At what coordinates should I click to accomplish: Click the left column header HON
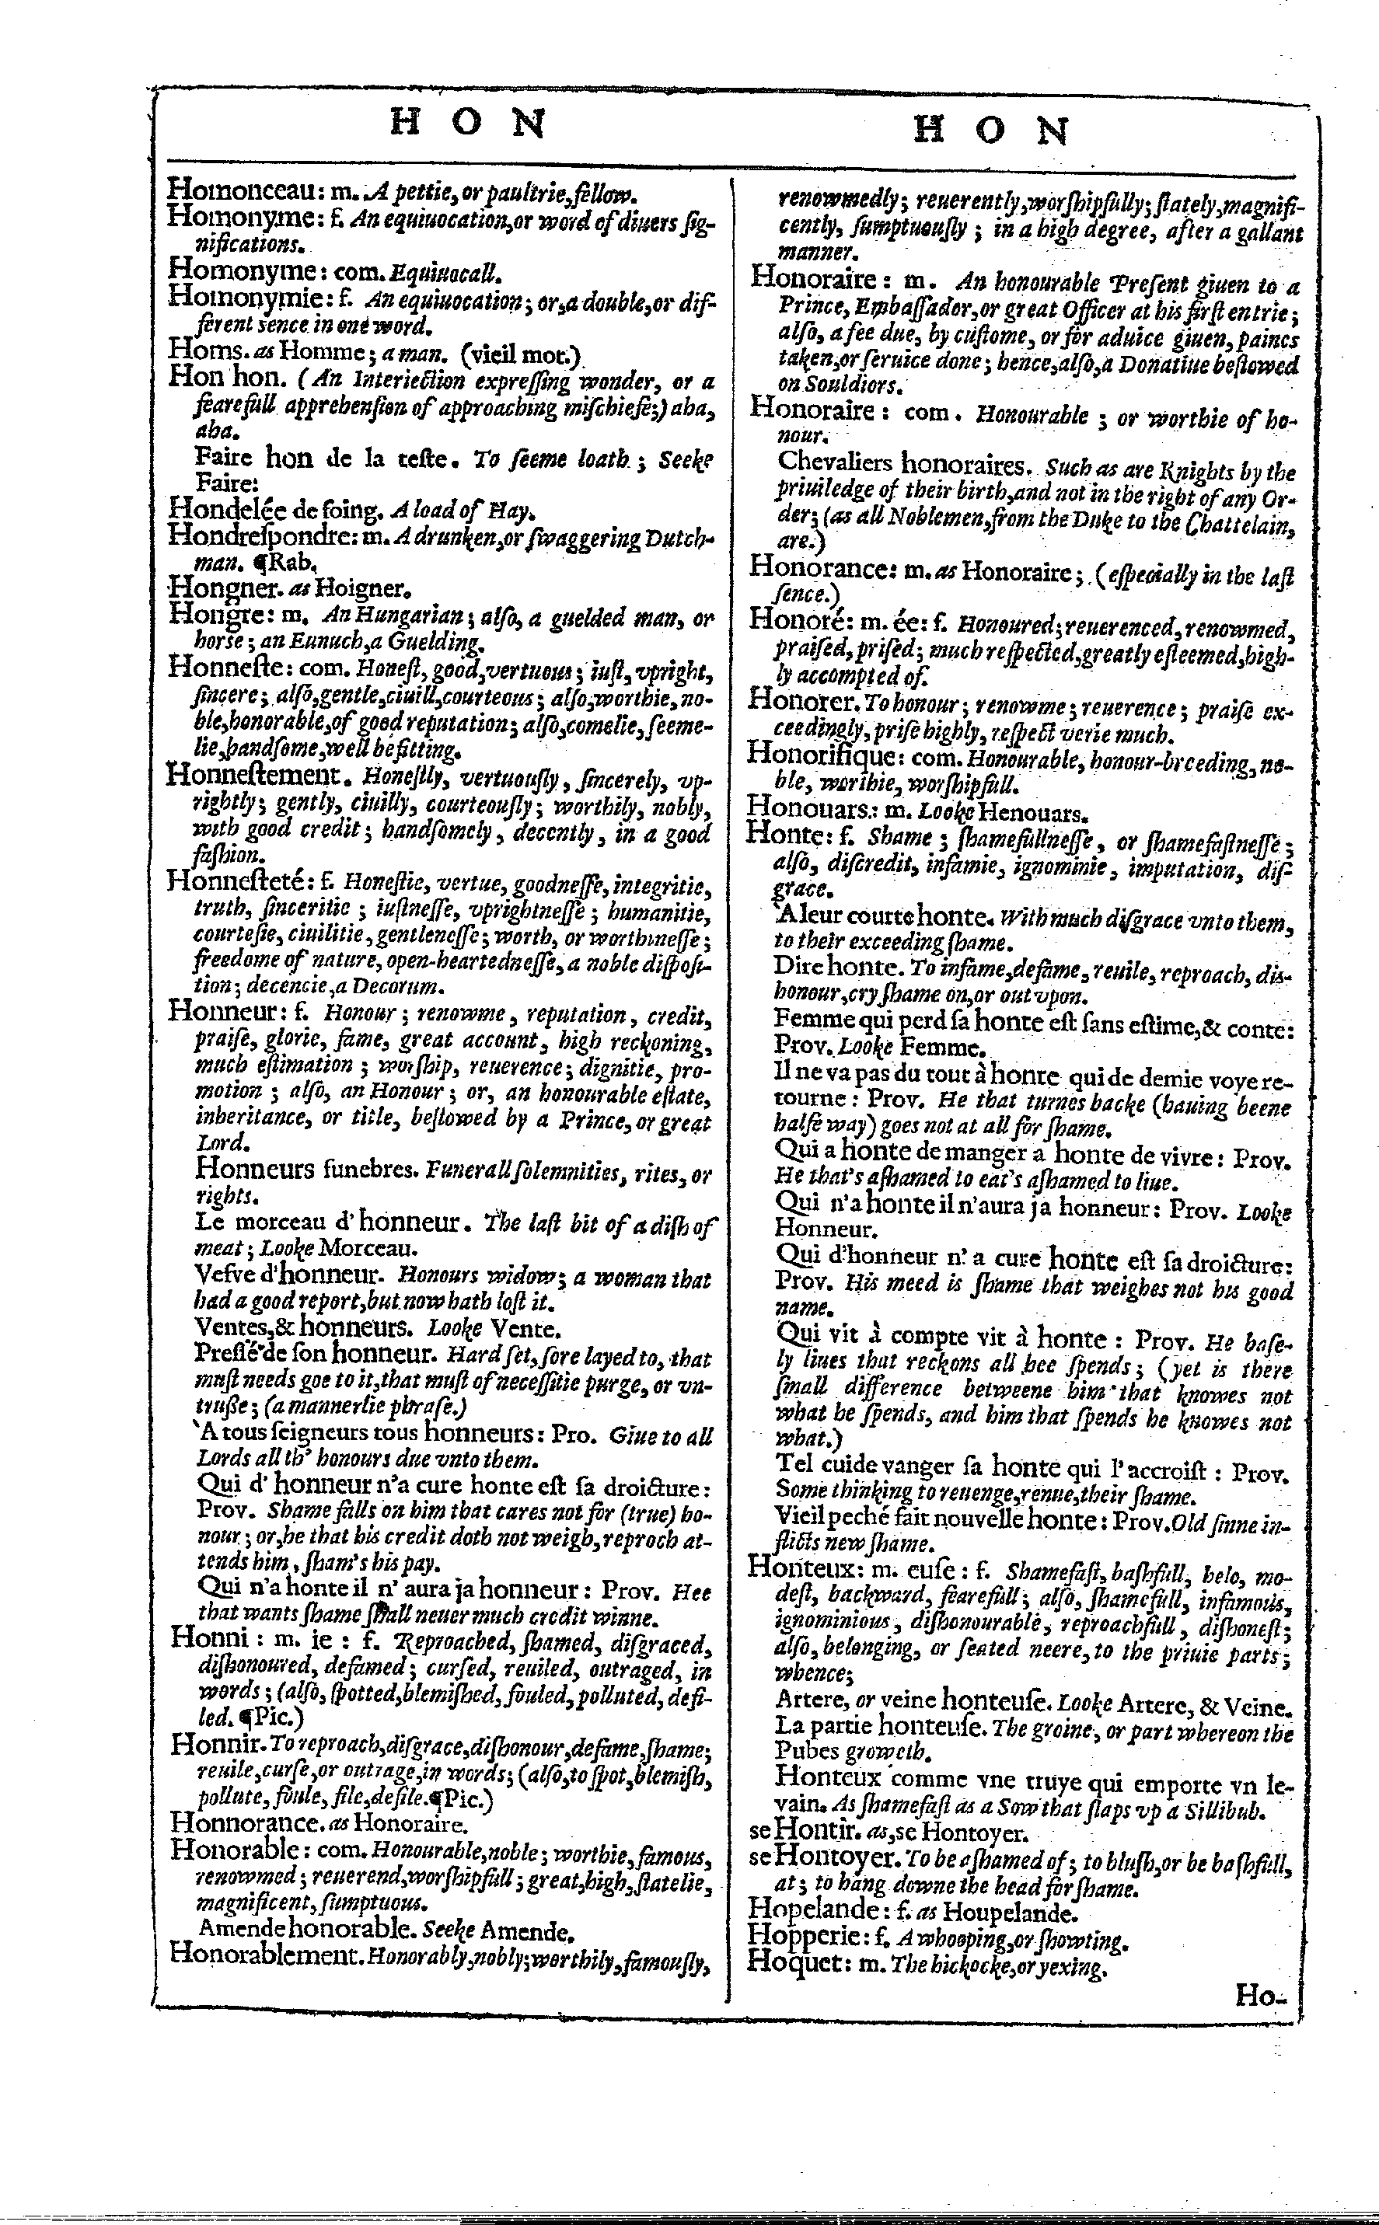click(x=468, y=123)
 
